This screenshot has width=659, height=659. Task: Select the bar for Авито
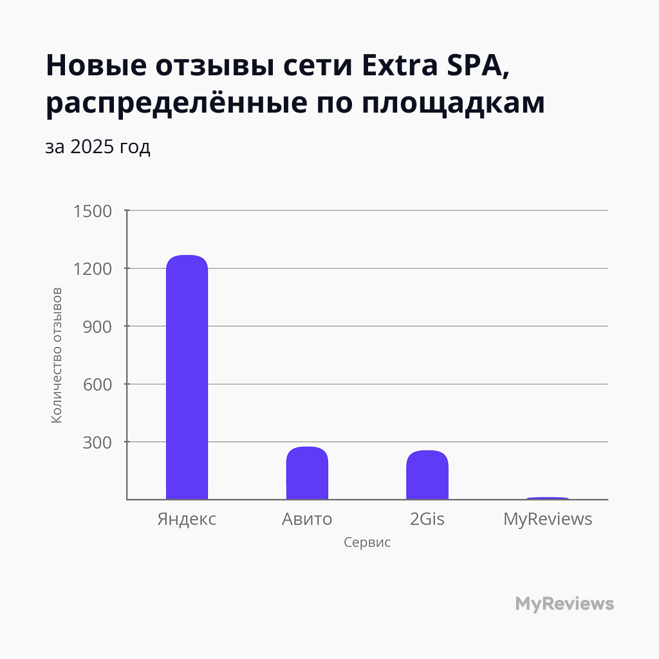click(x=307, y=473)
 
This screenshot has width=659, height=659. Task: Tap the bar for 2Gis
click(x=427, y=475)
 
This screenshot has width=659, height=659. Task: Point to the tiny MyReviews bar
click(x=548, y=498)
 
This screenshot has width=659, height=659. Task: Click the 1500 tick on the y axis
click(x=94, y=211)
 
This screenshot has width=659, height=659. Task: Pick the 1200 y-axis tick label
click(x=94, y=269)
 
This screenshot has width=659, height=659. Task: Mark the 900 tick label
click(x=98, y=326)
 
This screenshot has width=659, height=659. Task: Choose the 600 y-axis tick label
click(x=98, y=384)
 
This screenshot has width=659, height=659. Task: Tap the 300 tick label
click(x=98, y=442)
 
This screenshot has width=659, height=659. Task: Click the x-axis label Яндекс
click(x=187, y=519)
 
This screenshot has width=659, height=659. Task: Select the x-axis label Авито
click(x=307, y=519)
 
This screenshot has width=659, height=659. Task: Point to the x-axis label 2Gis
click(x=427, y=519)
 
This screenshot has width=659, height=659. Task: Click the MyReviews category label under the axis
click(x=548, y=519)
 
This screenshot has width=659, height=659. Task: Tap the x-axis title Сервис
click(x=367, y=543)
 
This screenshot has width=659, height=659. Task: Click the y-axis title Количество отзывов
click(x=57, y=355)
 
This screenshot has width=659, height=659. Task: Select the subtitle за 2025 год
click(x=98, y=147)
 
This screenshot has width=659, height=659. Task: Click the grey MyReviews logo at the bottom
click(x=564, y=604)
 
